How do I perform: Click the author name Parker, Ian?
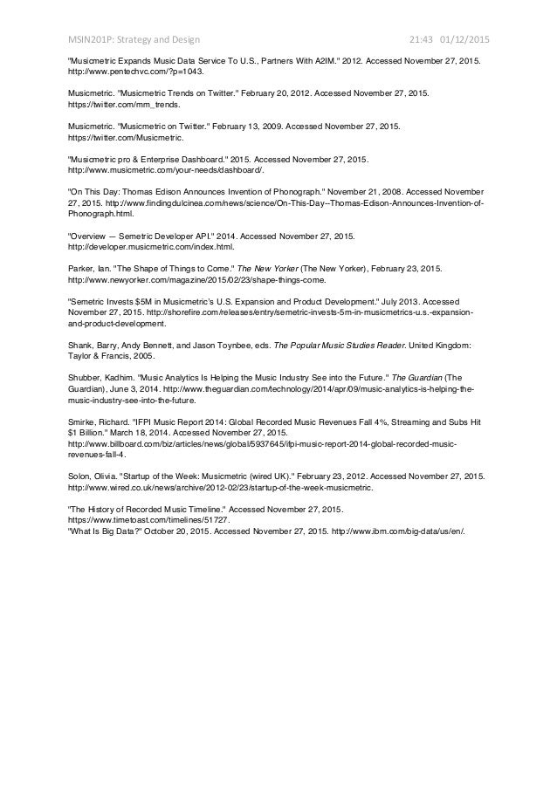coord(88,268)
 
